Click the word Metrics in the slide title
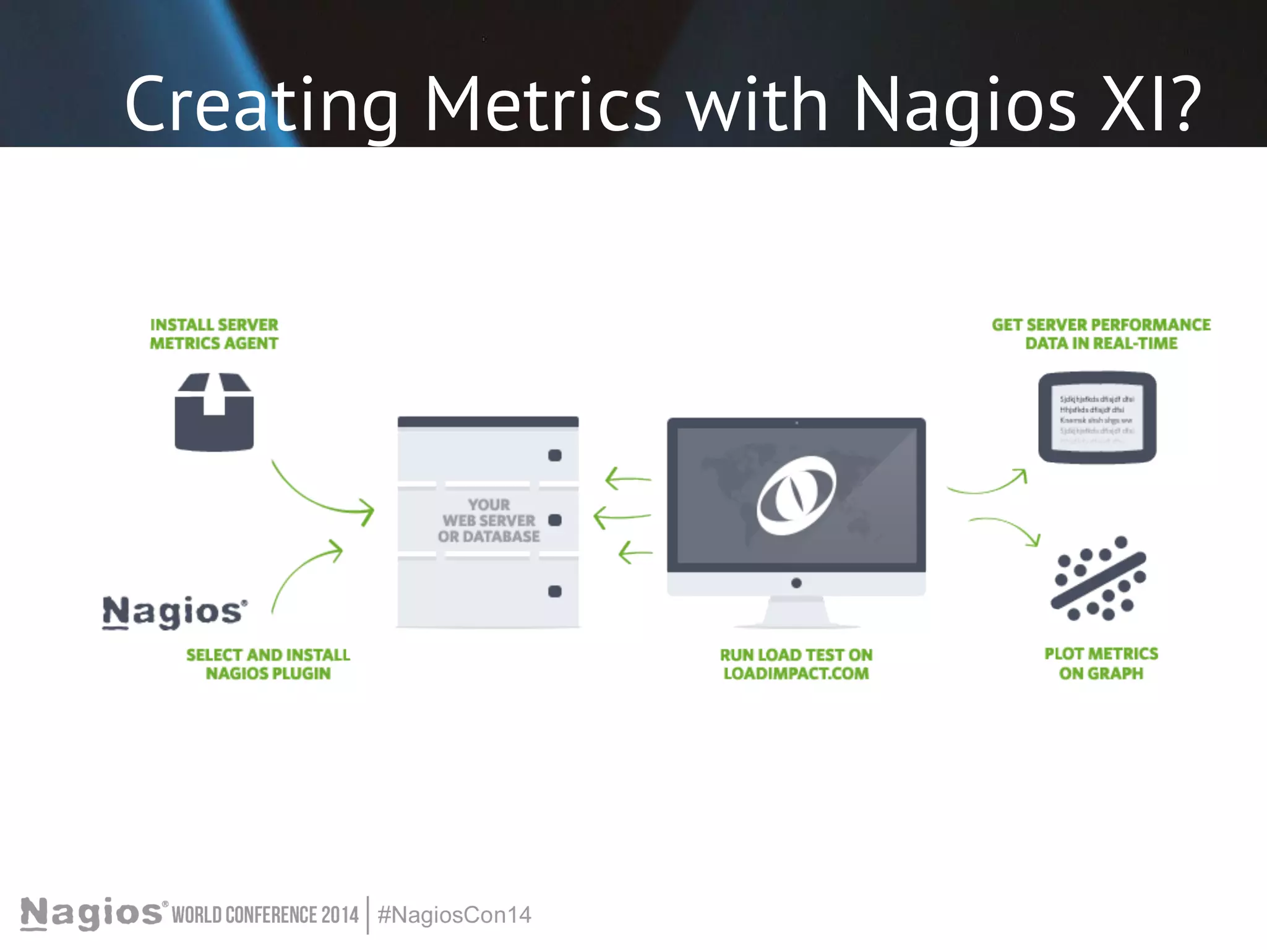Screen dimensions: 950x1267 pos(543,105)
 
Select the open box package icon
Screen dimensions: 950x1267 pos(214,413)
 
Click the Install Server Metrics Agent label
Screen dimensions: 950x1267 pos(214,334)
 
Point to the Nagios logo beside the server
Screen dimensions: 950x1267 pos(174,612)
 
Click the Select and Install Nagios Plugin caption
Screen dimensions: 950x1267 pos(268,664)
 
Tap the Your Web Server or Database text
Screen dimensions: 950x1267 pos(489,521)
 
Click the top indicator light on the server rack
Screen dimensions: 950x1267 pos(555,456)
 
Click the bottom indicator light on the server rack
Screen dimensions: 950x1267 pos(555,592)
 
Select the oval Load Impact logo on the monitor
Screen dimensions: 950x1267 pos(796,496)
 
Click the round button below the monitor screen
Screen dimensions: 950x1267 pos(796,583)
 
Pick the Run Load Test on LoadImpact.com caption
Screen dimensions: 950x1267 pos(796,664)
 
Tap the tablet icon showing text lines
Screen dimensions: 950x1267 pos(1097,417)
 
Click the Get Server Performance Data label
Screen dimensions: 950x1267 pos(1101,334)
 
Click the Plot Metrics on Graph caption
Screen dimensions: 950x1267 pos(1101,664)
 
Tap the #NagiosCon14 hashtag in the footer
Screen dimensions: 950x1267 pos(455,915)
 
